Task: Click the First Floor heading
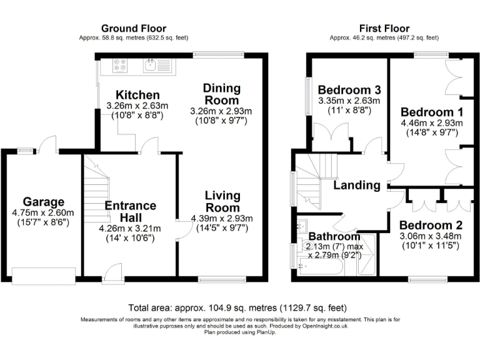tap(384, 28)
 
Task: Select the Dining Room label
tap(221, 95)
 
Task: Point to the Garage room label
tap(44, 202)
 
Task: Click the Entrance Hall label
tap(130, 212)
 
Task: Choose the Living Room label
tap(222, 202)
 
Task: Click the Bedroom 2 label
tap(431, 225)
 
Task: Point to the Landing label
tap(356, 185)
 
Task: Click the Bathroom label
tap(334, 236)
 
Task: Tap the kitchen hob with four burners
tap(120, 64)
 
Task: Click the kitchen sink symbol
tap(151, 64)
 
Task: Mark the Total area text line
tap(237, 308)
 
